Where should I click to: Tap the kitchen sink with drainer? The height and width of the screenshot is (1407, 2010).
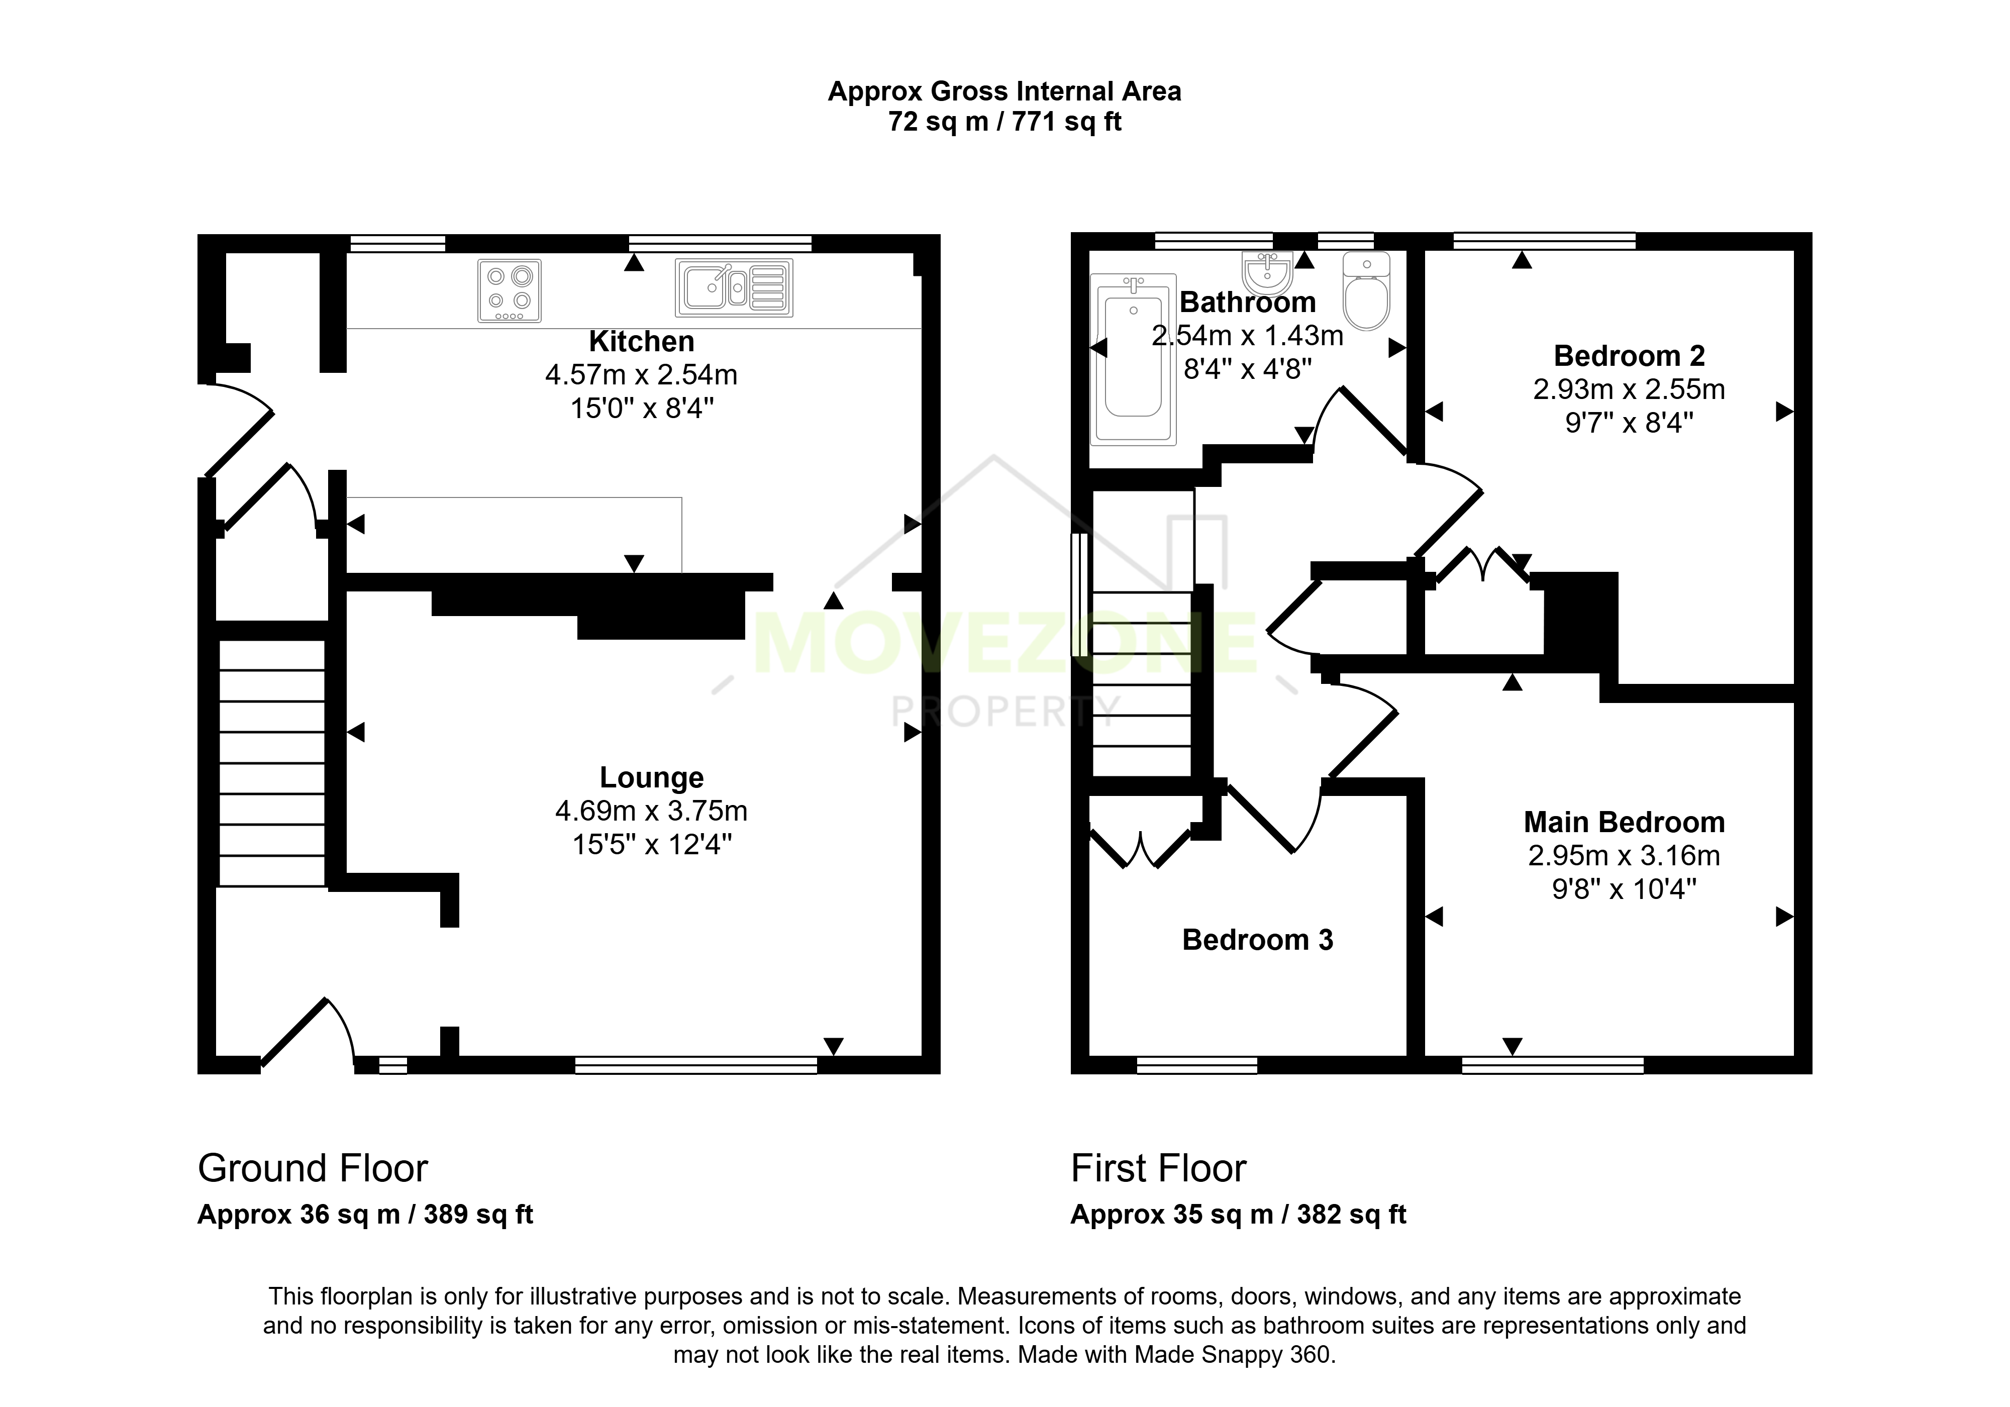(734, 287)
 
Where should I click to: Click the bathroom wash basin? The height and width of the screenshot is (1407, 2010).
(1267, 273)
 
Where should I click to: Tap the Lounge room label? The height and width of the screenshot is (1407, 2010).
(651, 777)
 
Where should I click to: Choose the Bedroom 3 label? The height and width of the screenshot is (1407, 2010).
(1257, 940)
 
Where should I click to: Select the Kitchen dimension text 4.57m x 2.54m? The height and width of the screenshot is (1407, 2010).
(641, 375)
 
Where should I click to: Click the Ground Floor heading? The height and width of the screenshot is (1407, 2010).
(313, 1169)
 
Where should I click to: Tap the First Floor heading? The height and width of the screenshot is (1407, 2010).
(1158, 1169)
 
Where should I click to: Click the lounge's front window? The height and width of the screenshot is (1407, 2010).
(696, 1065)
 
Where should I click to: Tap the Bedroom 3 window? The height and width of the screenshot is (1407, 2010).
(1197, 1065)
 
